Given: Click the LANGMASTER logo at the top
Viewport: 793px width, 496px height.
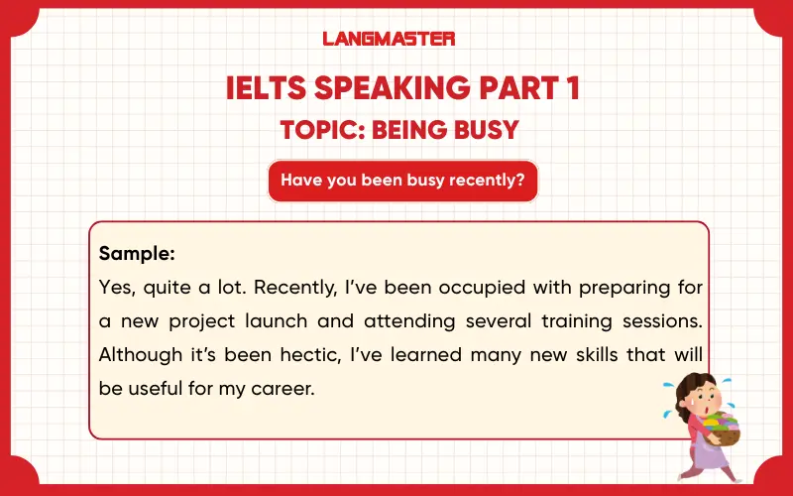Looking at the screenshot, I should pos(389,39).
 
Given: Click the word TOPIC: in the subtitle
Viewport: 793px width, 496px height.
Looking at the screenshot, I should pos(319,130).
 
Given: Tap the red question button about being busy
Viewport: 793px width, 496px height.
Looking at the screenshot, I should pos(402,181).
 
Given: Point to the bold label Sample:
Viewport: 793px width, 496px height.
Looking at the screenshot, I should pos(137,254).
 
